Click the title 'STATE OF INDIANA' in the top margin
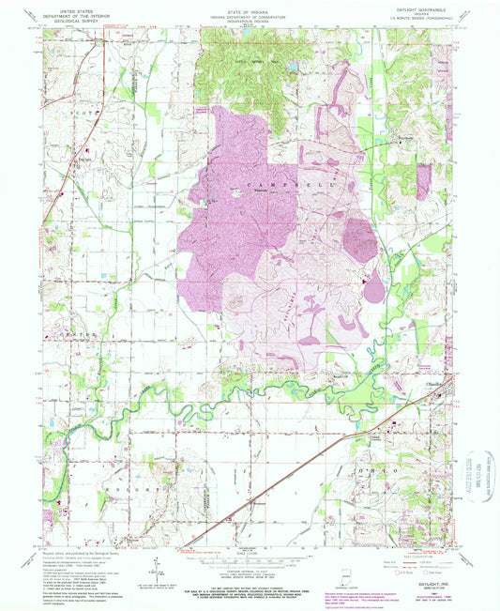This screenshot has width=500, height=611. pos(249,6)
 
